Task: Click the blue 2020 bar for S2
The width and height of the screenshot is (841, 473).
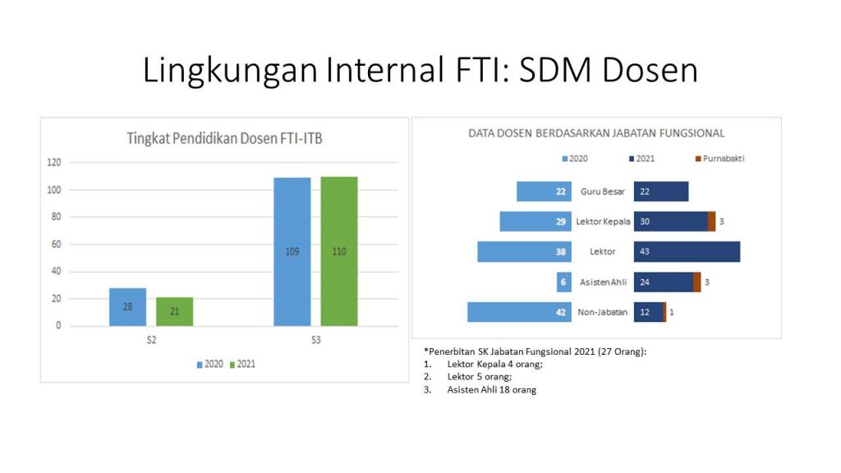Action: click(127, 307)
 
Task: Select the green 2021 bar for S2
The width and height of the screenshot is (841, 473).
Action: click(174, 311)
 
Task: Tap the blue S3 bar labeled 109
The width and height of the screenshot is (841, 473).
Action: click(292, 251)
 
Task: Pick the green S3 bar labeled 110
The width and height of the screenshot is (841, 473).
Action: click(339, 251)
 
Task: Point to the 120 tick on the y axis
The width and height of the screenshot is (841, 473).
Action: click(54, 162)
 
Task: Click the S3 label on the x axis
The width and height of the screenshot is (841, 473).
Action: click(316, 340)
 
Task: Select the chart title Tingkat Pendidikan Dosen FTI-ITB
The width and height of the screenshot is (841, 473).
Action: click(224, 138)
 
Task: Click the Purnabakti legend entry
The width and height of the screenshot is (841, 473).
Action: click(719, 158)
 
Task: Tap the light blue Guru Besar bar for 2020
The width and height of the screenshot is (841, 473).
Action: click(544, 191)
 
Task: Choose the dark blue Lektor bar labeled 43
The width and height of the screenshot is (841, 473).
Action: click(687, 251)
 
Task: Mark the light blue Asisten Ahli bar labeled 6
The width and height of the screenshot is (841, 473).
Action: click(563, 282)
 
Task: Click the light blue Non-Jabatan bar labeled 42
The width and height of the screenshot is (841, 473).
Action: click(519, 312)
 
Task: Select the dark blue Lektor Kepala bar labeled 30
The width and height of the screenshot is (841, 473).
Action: click(671, 222)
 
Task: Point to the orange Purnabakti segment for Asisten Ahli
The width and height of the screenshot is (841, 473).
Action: click(696, 282)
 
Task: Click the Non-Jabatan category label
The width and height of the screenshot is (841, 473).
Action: click(602, 312)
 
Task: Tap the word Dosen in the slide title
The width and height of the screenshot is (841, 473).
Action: click(650, 71)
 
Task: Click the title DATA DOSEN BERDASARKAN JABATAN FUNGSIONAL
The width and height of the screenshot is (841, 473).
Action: click(596, 133)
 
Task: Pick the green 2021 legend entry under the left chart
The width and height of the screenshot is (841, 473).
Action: click(242, 364)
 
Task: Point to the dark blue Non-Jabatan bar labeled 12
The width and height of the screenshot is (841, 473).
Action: click(649, 312)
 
